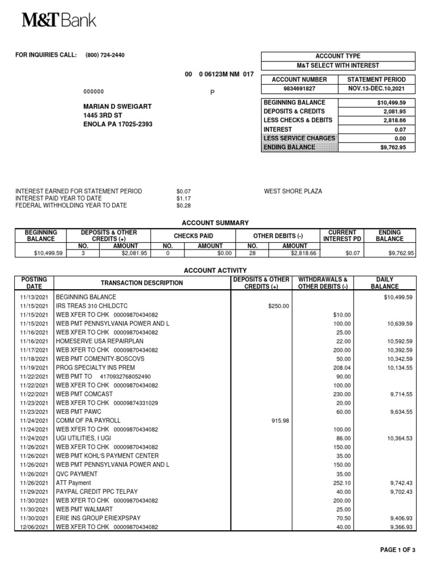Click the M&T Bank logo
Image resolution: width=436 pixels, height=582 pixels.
click(x=59, y=21)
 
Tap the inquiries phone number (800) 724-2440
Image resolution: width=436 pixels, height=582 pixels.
click(x=105, y=55)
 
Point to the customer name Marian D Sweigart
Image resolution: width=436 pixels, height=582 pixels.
click(x=118, y=106)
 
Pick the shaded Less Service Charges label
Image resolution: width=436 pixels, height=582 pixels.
click(x=299, y=138)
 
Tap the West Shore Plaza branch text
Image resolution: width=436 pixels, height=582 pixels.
click(x=293, y=192)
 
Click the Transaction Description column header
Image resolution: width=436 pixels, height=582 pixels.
click(x=142, y=283)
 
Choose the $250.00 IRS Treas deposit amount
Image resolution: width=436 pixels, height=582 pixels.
click(x=278, y=306)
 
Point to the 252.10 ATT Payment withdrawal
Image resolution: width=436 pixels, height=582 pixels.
click(x=341, y=483)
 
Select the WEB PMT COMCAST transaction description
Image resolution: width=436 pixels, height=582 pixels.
click(x=83, y=394)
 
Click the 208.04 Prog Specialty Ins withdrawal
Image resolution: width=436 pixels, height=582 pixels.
click(x=341, y=368)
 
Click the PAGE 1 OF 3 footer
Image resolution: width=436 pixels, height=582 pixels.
click(x=397, y=550)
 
